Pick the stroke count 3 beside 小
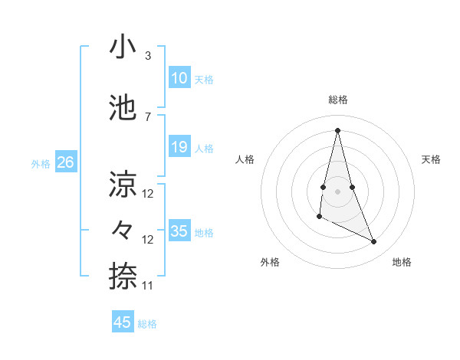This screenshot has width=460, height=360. click(147, 56)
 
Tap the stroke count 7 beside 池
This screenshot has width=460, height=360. click(147, 116)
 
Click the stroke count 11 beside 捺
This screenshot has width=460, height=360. click(148, 285)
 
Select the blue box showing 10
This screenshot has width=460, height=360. click(179, 77)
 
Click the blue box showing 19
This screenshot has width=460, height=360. click(179, 147)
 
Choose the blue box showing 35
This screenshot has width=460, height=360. click(179, 231)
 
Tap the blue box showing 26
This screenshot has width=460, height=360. click(65, 162)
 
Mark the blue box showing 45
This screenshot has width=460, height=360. click(123, 322)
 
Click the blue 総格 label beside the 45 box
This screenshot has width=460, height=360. click(147, 324)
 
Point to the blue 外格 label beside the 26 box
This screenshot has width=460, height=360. click(41, 163)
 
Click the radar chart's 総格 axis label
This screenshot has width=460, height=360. click(338, 100)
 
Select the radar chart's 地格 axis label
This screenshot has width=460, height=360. click(402, 262)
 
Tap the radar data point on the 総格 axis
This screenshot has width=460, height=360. click(338, 129)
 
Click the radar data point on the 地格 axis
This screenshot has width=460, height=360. click(374, 242)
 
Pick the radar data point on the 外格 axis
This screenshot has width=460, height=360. click(320, 218)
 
